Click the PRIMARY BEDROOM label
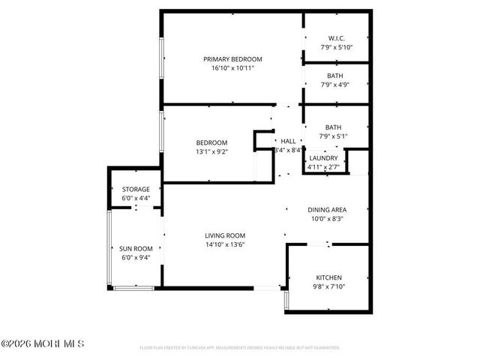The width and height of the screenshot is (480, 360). (x=232, y=58)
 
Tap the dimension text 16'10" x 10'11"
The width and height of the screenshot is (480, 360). (x=232, y=68)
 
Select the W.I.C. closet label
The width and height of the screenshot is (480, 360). (x=335, y=38)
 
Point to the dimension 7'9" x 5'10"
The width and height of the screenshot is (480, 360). (x=335, y=47)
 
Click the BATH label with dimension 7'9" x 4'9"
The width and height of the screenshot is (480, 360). (x=335, y=76)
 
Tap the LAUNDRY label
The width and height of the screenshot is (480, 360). (x=324, y=157)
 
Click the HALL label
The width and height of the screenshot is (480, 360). (x=288, y=141)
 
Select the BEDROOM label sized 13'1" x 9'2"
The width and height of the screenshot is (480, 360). (x=211, y=142)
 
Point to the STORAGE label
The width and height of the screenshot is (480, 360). (x=136, y=189)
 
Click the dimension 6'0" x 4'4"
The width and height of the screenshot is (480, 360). (x=136, y=198)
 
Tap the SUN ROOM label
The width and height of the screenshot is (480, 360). (x=136, y=248)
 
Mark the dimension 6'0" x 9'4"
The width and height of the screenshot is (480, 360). (x=136, y=257)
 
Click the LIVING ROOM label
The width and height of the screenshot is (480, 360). (x=225, y=235)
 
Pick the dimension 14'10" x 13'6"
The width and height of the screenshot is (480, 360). (x=225, y=244)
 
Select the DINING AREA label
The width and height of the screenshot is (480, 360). (x=328, y=210)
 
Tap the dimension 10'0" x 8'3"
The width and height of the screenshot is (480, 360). (x=328, y=219)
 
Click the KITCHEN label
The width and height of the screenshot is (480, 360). (x=328, y=277)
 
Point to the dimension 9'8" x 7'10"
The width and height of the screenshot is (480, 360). (x=328, y=286)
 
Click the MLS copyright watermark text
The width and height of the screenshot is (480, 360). (x=43, y=343)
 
